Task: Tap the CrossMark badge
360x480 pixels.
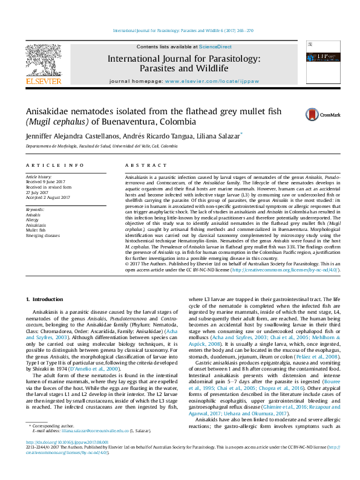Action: [x=314, y=114]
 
